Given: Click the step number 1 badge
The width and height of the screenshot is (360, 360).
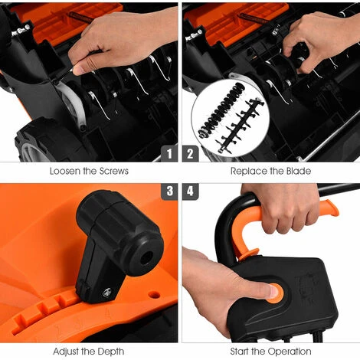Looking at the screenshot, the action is [x=169, y=154].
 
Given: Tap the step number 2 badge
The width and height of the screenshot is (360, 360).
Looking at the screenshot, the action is [x=190, y=154].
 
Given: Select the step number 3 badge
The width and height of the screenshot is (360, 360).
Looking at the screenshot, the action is [x=169, y=191].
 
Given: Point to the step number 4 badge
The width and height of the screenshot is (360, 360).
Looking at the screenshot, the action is [x=190, y=191].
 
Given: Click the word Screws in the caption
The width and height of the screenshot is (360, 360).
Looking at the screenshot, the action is [x=113, y=171].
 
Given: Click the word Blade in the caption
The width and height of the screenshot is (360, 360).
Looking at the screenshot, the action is [x=299, y=171].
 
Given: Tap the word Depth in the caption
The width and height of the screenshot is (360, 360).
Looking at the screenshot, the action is [x=111, y=352].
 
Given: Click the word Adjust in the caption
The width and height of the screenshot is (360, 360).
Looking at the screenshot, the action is [x=66, y=352].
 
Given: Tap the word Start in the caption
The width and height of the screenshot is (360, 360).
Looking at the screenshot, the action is [x=239, y=352].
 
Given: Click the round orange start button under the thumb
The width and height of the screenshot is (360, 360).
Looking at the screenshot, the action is [x=277, y=293].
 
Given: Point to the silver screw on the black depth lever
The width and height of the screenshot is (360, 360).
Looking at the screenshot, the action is [x=107, y=292].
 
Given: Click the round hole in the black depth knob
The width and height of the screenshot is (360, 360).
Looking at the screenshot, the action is [x=146, y=258].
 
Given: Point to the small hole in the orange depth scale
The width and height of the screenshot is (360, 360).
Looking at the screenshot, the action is [x=154, y=295].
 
